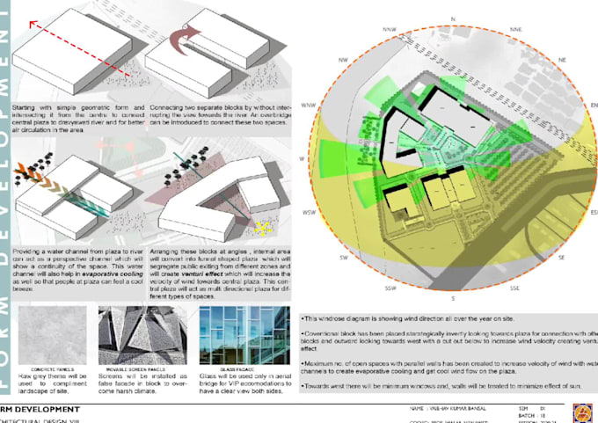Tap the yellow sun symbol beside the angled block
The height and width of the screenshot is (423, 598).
[261, 229]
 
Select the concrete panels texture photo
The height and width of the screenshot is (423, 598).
[50, 330]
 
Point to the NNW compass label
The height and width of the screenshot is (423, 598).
[390, 28]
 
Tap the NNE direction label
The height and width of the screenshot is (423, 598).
[515, 28]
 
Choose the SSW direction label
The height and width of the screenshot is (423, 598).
[389, 288]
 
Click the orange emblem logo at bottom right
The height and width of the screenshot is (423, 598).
[581, 412]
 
